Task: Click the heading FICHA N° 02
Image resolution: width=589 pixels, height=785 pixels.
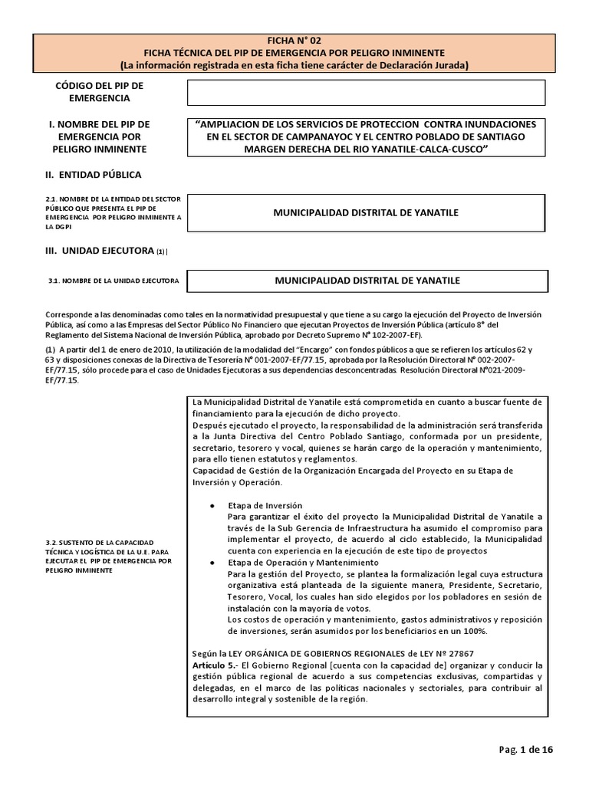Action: [294, 38]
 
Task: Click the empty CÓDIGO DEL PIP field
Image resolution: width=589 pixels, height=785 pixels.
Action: [367, 92]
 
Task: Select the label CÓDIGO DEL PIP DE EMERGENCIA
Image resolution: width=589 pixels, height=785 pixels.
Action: [100, 91]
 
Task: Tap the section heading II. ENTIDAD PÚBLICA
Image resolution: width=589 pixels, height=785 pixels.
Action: [94, 175]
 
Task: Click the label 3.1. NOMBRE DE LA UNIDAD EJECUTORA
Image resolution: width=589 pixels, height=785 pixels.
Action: [113, 281]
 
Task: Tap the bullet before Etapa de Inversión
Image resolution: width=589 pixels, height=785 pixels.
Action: [211, 506]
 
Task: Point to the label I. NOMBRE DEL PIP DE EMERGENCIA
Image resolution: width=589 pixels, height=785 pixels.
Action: [98, 136]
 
